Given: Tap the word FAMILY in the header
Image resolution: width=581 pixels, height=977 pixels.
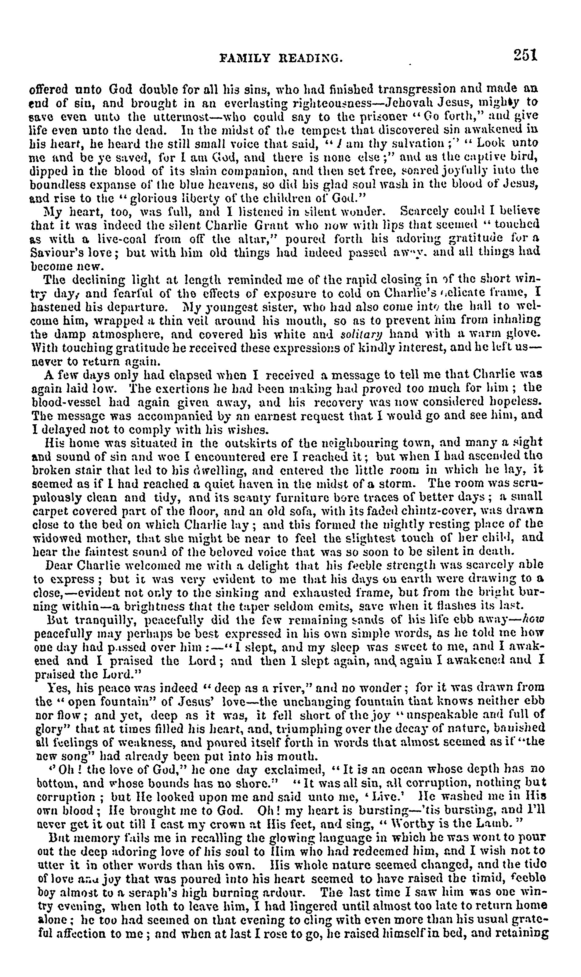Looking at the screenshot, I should (x=245, y=59).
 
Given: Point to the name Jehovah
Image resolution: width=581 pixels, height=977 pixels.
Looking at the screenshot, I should (x=409, y=102).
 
